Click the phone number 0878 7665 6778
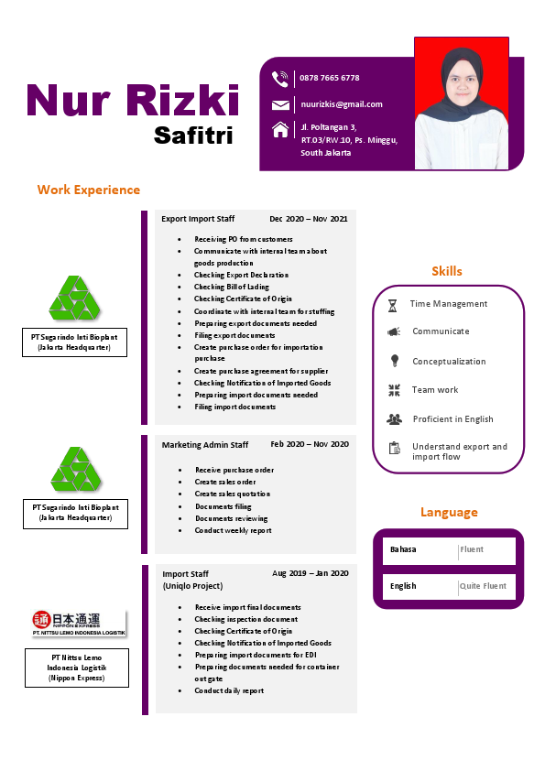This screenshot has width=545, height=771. pos(329,78)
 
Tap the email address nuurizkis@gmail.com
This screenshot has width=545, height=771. pos(342,104)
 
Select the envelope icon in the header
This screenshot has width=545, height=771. pos(280,104)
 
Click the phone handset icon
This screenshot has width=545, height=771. pos(280,79)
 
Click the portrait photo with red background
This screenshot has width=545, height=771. pos(462,103)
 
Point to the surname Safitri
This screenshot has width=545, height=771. pos(193,136)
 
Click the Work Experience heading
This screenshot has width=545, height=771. pos(89,190)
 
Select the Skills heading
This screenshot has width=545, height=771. pos(447,271)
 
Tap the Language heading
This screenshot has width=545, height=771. pos(449,512)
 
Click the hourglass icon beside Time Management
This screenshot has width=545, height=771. pos(392,305)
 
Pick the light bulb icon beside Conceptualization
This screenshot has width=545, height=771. pos(394,361)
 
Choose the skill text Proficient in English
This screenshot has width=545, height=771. pos(452,419)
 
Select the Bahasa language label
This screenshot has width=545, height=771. pos(403,549)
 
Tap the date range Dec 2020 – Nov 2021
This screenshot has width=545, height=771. pos(309,219)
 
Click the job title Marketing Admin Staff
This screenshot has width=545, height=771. pos(205,445)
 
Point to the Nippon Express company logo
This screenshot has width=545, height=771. pos(79,623)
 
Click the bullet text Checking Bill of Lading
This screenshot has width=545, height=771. pos(231,287)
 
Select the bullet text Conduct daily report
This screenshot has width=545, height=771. pos(229,690)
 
